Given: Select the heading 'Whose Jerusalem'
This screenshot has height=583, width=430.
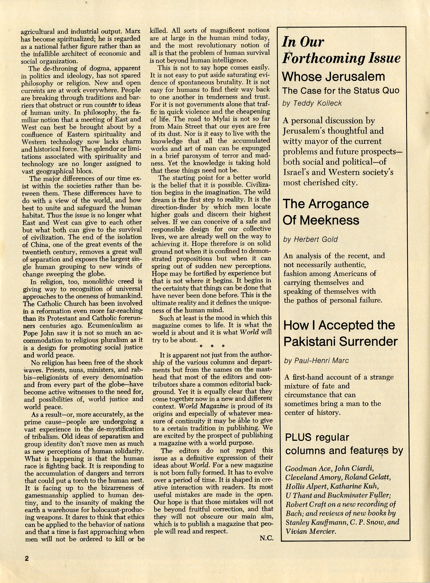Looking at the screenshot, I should click(333, 77).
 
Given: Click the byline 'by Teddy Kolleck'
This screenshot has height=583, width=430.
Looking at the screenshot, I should click(312, 103).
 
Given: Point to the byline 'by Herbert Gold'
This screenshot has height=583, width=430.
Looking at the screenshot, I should click(310, 239).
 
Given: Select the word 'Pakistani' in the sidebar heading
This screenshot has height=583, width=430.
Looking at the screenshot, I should click(313, 341).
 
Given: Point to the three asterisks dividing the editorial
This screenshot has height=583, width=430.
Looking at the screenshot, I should click(212, 346).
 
